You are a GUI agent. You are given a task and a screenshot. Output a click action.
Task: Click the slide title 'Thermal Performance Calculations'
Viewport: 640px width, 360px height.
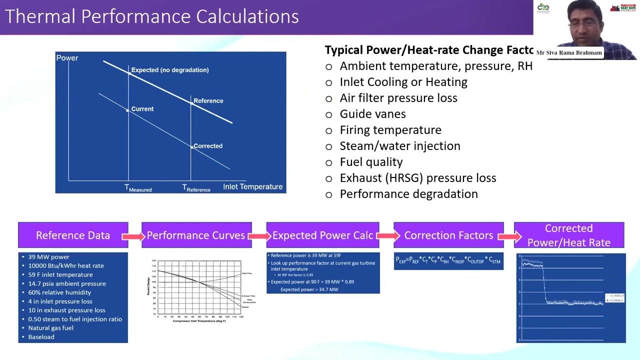(151, 16)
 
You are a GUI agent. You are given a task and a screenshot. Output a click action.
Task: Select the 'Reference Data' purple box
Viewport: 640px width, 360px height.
(73, 235)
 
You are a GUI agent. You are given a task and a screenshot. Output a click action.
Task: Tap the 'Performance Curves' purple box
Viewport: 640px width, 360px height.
(196, 235)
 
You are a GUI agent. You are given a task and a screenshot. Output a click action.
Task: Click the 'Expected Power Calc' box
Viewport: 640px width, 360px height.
(322, 235)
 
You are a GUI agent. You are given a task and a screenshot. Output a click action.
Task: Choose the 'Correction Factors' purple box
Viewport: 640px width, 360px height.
(448, 235)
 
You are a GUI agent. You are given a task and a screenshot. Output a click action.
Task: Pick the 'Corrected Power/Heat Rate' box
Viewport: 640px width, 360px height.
(569, 235)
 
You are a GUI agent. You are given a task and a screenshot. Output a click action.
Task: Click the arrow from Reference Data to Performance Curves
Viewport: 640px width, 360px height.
(135, 236)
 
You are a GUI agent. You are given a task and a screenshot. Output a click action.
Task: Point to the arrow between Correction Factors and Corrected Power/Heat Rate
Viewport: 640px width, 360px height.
(509, 236)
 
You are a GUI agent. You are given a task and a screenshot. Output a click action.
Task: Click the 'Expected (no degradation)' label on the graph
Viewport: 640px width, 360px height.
(170, 70)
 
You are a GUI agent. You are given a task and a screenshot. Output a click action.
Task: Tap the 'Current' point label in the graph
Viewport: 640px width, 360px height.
(142, 109)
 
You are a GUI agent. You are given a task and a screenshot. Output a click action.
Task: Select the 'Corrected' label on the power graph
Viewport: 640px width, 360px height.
(208, 146)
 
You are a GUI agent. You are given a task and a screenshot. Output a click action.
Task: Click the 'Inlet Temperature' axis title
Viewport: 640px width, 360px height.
(252, 186)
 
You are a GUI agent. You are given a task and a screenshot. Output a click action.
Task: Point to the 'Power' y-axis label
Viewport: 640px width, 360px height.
(67, 58)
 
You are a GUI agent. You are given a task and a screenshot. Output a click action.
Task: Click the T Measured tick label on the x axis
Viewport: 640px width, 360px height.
(138, 188)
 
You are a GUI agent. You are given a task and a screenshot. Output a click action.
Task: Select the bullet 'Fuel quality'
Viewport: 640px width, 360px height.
(371, 162)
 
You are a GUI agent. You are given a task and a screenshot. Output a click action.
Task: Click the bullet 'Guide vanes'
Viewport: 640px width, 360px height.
(372, 114)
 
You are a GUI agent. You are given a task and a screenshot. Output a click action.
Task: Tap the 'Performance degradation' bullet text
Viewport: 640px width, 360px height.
(408, 194)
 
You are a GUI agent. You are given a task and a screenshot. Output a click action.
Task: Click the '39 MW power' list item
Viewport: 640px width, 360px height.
(48, 257)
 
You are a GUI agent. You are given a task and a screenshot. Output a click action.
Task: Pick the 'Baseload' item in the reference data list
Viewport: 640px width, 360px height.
(41, 337)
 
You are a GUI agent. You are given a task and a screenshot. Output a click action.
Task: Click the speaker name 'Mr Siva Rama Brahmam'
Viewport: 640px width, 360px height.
(569, 52)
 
